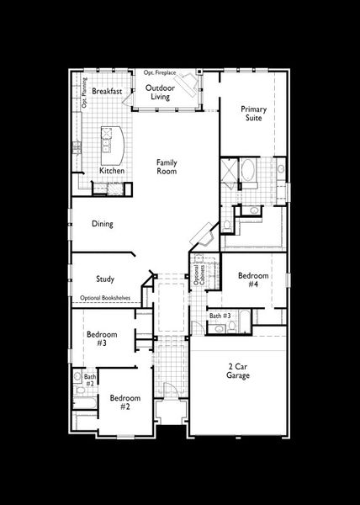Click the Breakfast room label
(108, 90)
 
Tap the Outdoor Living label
(160, 93)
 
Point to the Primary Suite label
(253, 114)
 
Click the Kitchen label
(112, 171)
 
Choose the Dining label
(103, 224)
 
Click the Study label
(105, 279)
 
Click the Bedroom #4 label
(252, 280)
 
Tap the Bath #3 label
(220, 316)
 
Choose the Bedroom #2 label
(124, 401)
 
